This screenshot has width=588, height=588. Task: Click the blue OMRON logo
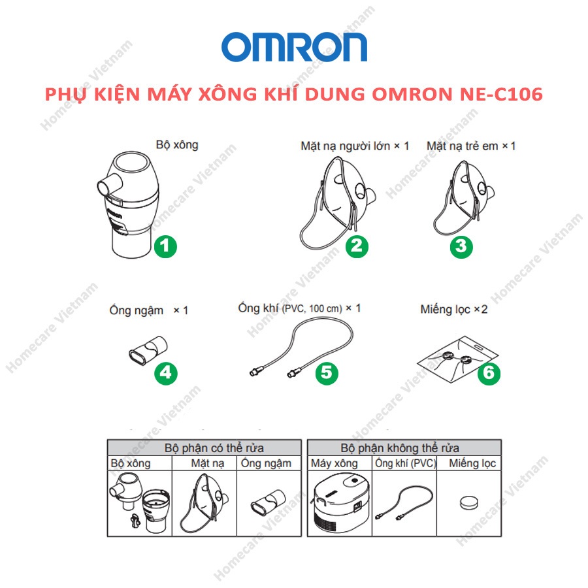294,47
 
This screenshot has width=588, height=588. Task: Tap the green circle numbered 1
165,246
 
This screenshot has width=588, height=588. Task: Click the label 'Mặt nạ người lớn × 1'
354,146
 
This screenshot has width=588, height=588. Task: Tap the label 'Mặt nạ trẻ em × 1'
470,146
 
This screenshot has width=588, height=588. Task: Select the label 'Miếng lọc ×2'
454,309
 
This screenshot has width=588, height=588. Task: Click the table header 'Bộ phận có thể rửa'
205,448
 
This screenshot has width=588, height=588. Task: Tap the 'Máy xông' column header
334,463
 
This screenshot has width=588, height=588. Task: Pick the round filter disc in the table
468,503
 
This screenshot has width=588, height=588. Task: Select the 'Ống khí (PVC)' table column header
405,463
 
